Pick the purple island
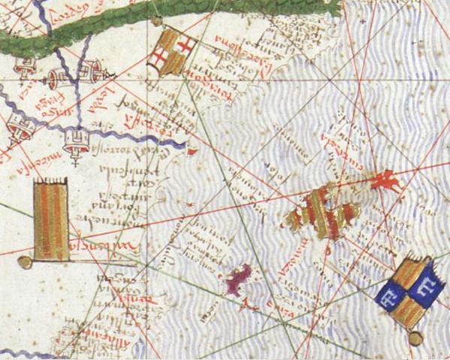tap(239, 280)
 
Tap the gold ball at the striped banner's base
tap(25, 262)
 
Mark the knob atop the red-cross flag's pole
tap(156, 22)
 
